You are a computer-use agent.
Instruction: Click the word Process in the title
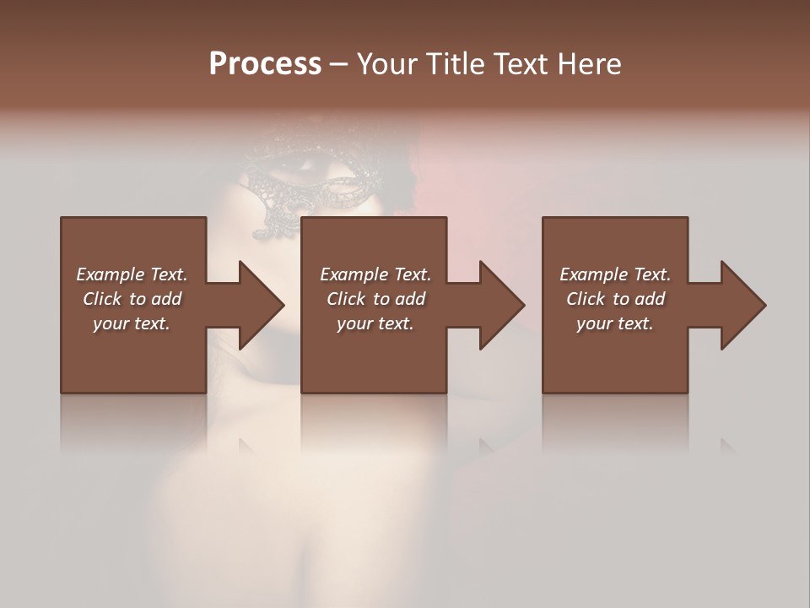coord(265,64)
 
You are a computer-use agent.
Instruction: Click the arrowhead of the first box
coord(261,305)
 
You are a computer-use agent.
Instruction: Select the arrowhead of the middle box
coord(501,305)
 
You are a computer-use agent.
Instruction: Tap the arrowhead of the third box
coord(742,305)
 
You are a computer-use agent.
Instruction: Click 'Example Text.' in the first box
coord(132,274)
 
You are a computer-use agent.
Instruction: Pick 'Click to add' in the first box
coord(132,299)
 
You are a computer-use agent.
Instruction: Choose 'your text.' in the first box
coord(132,323)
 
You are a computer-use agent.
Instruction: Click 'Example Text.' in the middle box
coord(375,274)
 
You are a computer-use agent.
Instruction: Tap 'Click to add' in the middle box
coord(375,299)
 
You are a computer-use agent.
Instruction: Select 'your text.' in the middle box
coord(375,323)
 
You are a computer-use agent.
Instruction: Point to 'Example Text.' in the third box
coord(615,274)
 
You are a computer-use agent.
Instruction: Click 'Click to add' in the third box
coord(615,299)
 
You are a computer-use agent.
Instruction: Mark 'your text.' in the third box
coord(615,323)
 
